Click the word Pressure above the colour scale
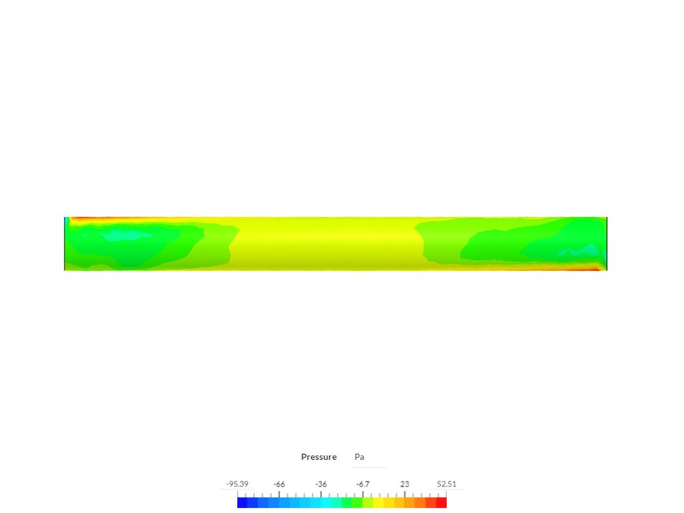coord(319,456)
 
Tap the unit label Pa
coord(359,456)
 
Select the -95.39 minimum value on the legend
coord(237,484)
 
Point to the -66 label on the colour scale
coord(279,484)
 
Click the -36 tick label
coord(321,484)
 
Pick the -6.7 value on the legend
coord(363,484)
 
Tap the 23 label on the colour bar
coord(405,484)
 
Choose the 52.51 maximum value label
coord(447,484)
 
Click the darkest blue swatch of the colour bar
coord(243,503)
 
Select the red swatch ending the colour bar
coord(441,503)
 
